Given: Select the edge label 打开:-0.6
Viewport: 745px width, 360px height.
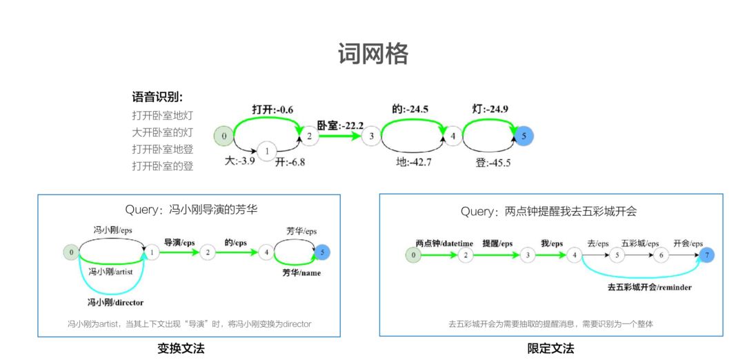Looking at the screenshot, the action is coord(272,110).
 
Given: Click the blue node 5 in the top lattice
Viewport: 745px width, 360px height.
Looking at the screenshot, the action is coord(524,137).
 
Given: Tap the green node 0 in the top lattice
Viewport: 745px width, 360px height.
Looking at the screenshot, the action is coord(223,137).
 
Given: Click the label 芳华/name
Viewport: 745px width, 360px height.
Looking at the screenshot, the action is coord(301,273).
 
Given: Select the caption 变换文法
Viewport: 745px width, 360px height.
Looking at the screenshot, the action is coord(181,348).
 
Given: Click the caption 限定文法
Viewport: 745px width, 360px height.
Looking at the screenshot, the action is coord(550,348).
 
